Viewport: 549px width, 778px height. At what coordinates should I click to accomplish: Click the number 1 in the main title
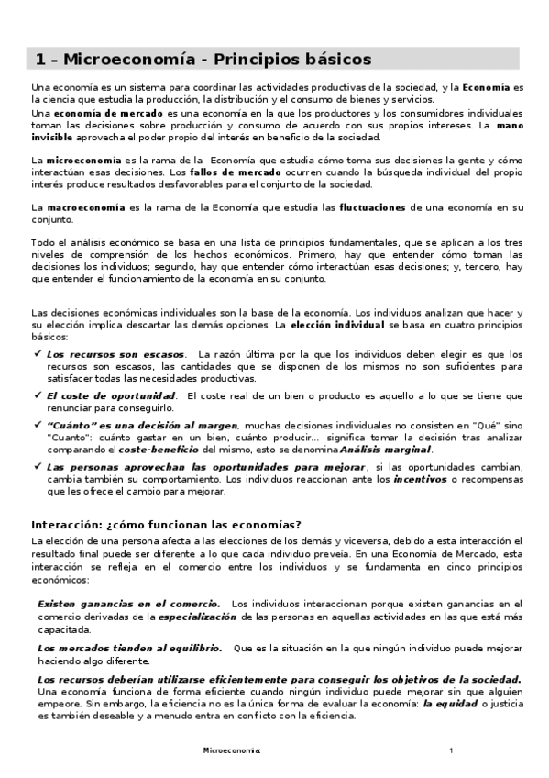(40, 60)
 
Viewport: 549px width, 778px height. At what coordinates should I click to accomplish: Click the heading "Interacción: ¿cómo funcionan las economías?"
(166, 525)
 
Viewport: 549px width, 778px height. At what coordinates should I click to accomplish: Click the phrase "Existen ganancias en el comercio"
(128, 605)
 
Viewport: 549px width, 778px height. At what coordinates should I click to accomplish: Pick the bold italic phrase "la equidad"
(446, 703)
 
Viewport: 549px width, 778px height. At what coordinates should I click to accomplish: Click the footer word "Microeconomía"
(231, 751)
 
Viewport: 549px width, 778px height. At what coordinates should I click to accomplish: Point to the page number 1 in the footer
(451, 751)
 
